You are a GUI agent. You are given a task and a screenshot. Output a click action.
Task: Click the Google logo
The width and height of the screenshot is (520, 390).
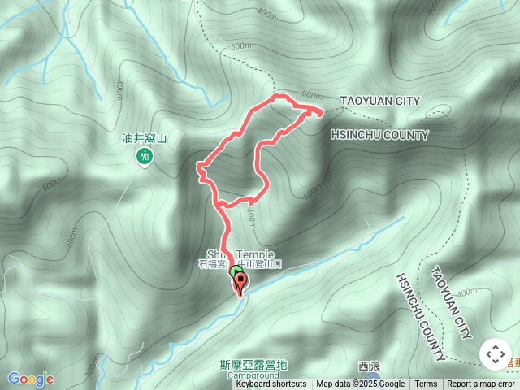(x=31, y=379)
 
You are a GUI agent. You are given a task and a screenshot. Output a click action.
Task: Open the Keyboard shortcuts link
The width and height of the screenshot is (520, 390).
(x=271, y=384)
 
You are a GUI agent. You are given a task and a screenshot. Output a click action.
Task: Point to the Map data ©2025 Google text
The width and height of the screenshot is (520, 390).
(x=360, y=384)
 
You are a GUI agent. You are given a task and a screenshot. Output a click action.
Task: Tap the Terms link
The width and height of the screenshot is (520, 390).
(x=426, y=384)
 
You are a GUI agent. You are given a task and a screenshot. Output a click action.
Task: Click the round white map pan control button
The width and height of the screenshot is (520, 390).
(x=495, y=355)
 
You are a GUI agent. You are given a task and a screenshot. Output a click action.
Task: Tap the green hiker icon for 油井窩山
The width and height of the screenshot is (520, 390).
(x=145, y=155)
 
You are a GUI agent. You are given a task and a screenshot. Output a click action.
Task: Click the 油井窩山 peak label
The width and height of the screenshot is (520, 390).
(x=145, y=139)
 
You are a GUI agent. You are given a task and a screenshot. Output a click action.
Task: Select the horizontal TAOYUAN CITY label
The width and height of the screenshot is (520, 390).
(x=380, y=101)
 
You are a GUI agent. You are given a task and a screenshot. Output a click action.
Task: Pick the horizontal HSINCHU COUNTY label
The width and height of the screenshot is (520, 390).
(x=379, y=134)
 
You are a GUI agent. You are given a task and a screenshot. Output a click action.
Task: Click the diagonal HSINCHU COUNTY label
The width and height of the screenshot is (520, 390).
(x=420, y=316)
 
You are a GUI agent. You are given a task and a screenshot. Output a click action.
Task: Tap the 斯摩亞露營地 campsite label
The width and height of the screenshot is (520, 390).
(x=253, y=366)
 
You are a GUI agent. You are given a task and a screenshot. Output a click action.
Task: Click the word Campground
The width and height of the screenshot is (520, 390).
(x=253, y=376)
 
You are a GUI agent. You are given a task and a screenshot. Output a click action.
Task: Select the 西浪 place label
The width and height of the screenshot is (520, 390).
(x=370, y=366)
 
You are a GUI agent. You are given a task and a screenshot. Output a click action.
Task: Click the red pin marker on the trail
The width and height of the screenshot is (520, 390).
(x=241, y=284)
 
